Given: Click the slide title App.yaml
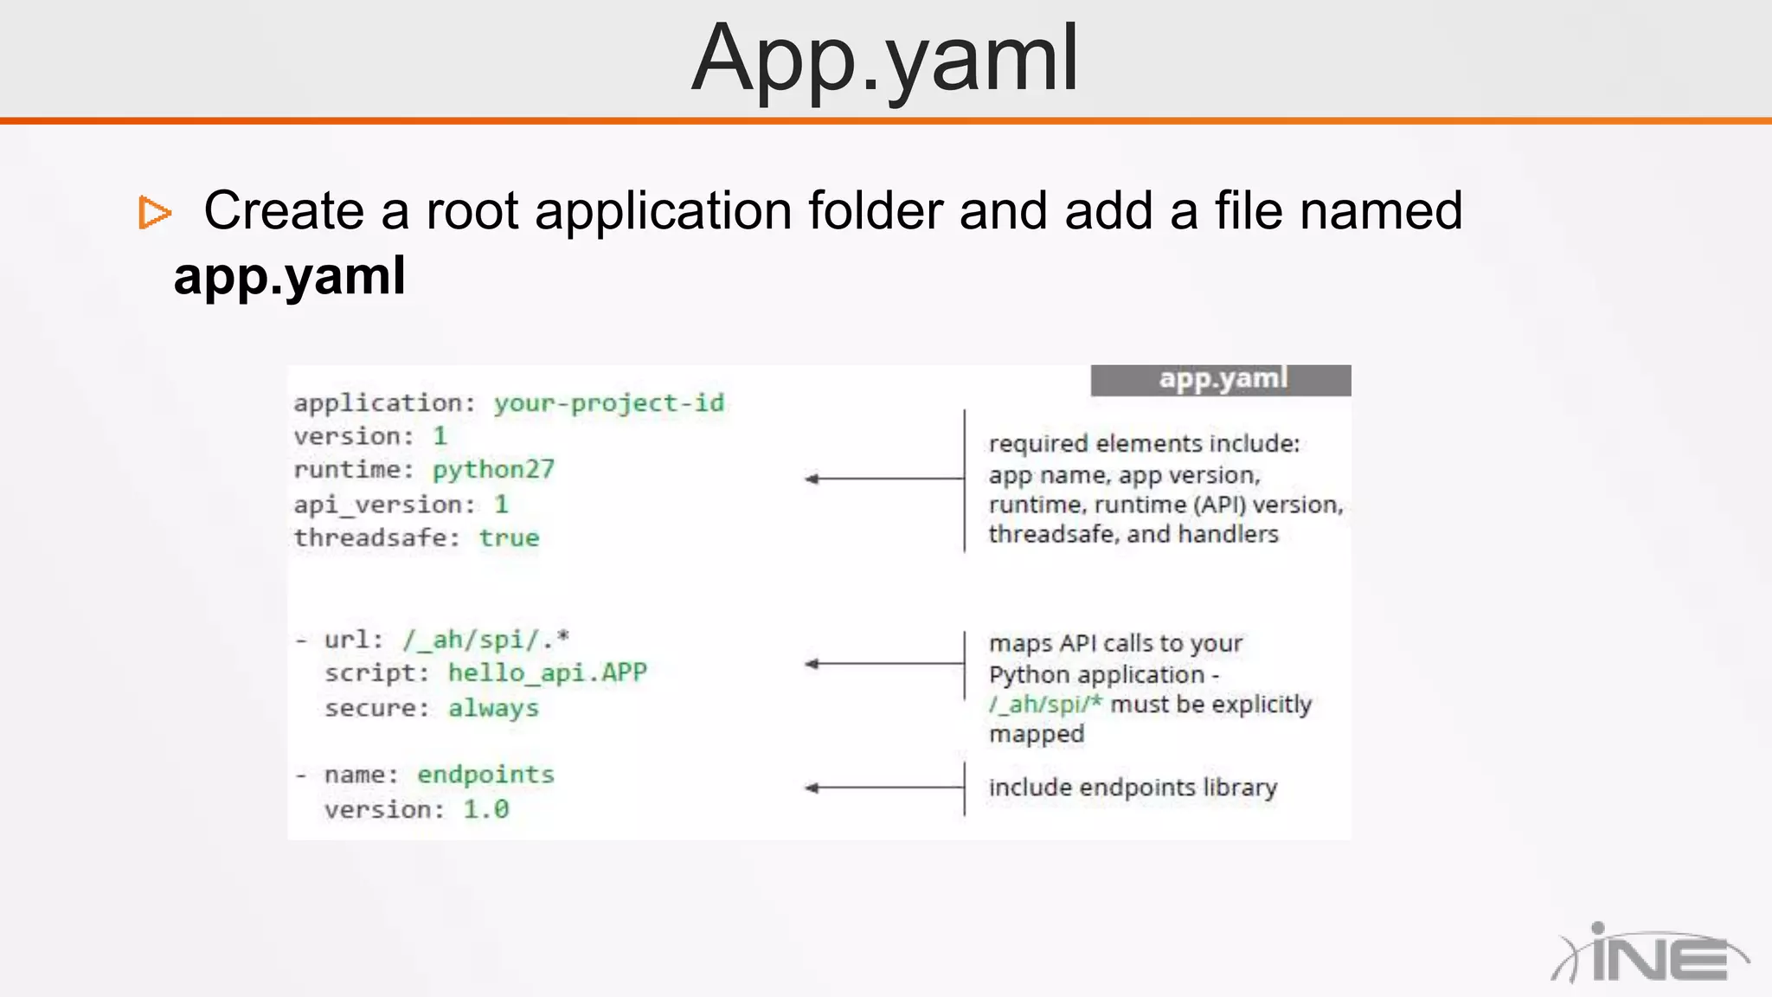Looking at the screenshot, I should (884, 59).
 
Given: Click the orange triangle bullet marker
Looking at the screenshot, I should (155, 213).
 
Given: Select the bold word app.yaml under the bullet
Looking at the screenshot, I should (289, 276).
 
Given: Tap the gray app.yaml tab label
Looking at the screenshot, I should (1221, 380).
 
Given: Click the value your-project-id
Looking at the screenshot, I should (608, 403).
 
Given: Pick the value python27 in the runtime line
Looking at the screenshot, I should (493, 470).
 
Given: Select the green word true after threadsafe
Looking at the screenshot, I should (509, 538).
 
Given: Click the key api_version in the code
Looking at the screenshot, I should (378, 505).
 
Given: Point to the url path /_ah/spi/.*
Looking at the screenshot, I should (485, 640).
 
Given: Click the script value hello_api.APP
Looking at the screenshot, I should (547, 673).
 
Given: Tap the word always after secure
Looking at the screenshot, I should (493, 709).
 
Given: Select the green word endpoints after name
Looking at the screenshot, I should (485, 775).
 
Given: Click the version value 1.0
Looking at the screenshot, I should (485, 810).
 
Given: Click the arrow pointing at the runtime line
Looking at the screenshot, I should (883, 479).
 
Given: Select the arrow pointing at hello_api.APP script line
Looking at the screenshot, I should (883, 664).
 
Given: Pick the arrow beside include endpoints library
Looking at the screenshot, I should (883, 788).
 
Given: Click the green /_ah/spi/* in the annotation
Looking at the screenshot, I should (1045, 704).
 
